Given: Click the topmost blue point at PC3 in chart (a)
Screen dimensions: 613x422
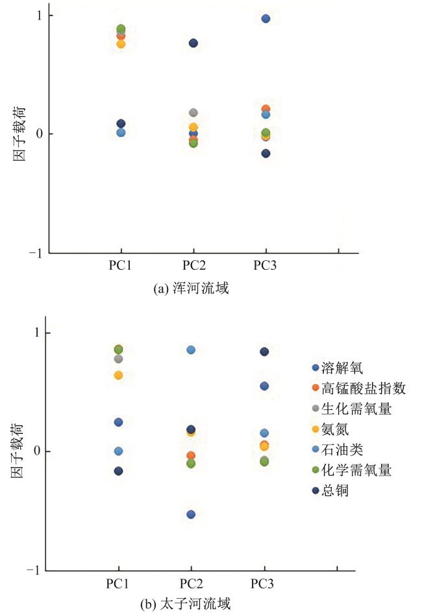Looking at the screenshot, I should tap(266, 19).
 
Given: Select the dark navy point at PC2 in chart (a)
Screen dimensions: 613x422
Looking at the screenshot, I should tap(193, 43).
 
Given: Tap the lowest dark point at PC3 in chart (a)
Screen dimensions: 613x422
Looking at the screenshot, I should tap(266, 154).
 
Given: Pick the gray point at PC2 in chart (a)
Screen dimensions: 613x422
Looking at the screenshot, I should tap(193, 113).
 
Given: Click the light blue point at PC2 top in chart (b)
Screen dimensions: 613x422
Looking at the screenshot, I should tap(191, 350).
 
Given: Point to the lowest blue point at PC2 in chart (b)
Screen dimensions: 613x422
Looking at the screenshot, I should tap(191, 514).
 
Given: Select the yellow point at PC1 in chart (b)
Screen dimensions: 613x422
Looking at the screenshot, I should tap(118, 376).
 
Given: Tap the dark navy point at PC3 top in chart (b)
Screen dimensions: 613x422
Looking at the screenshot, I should tap(264, 352).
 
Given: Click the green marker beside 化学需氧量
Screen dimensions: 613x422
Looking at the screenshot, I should tap(316, 470).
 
